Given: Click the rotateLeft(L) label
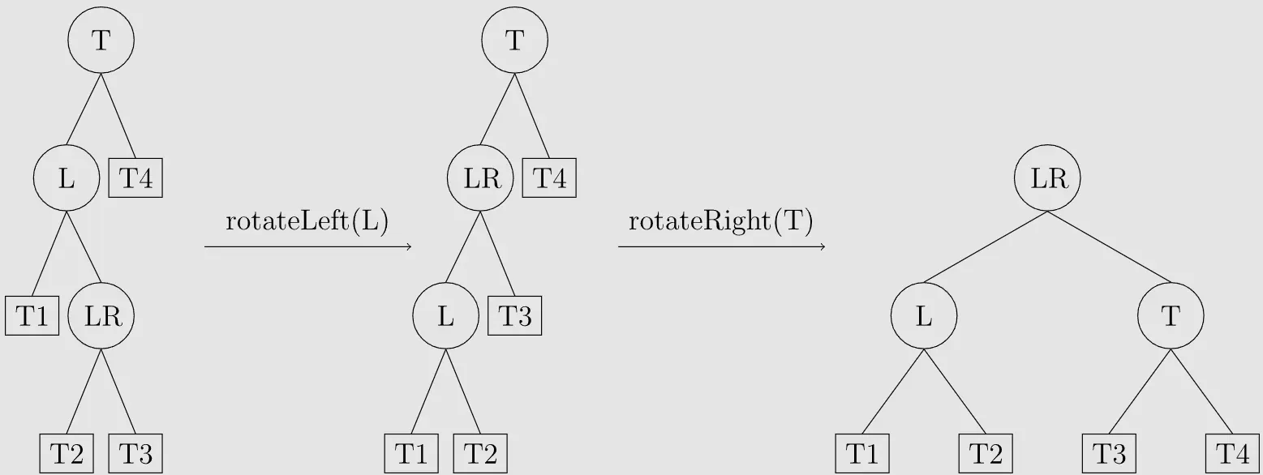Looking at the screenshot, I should [307, 222].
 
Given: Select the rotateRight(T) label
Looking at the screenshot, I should [720, 222].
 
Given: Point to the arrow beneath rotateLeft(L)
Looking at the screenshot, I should [308, 246].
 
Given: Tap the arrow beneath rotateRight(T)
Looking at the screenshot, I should [721, 246].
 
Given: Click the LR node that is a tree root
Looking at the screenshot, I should [1047, 178].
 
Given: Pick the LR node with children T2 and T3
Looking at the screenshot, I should [101, 316].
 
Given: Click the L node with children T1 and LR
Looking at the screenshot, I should [67, 178].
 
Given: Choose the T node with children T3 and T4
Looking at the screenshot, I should [1170, 316].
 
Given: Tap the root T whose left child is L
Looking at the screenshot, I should [101, 41].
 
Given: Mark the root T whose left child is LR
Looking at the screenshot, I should [514, 41].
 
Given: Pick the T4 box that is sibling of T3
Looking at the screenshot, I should [1231, 453].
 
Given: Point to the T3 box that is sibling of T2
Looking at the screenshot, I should [135, 453].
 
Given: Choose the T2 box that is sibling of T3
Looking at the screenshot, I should [67, 453].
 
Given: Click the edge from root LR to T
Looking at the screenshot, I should [1110, 247].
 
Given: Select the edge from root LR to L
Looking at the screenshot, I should [985, 247].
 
